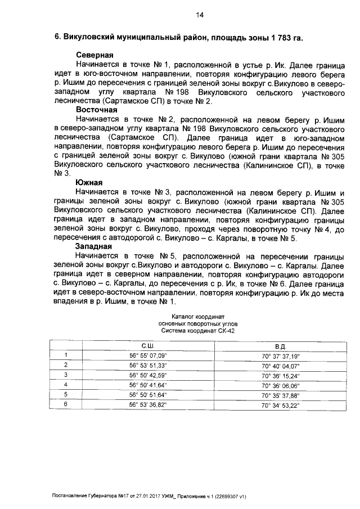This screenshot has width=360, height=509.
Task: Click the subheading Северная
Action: pyautogui.click(x=95, y=56)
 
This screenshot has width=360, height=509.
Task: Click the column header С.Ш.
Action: pyautogui.click(x=148, y=345)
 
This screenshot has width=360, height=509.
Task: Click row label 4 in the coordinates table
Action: pyautogui.click(x=66, y=385)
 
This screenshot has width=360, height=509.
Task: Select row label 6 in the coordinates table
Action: pyautogui.click(x=66, y=404)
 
